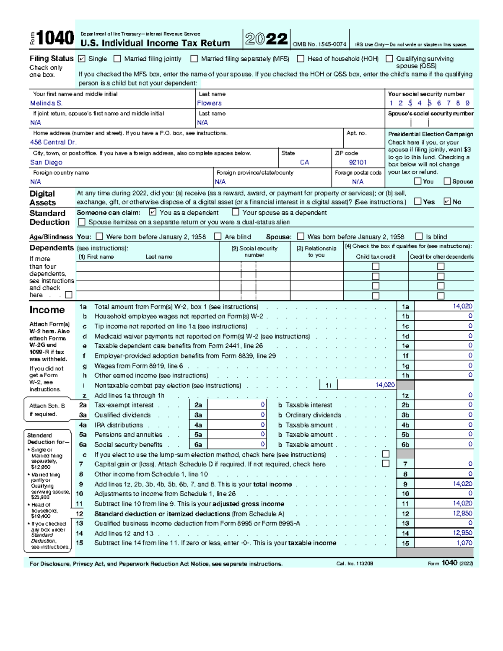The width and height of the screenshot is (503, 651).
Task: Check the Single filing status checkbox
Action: [x=82, y=59]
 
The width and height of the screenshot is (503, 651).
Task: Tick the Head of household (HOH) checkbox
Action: [x=301, y=59]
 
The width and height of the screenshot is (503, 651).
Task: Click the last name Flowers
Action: [x=209, y=103]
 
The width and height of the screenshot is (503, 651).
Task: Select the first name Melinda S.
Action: [x=46, y=103]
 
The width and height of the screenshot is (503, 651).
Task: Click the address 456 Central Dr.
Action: [x=53, y=142]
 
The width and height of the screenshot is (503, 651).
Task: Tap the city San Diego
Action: [x=46, y=162]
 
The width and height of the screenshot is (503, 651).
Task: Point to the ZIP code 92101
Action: [x=358, y=162]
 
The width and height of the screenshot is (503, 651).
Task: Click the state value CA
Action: [x=304, y=162]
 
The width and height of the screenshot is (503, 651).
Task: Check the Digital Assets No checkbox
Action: [x=447, y=201]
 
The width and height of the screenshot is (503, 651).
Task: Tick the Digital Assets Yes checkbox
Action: [x=417, y=201]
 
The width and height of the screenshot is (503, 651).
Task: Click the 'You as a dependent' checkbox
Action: [x=153, y=213]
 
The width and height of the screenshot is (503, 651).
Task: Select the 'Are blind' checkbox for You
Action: [x=218, y=236]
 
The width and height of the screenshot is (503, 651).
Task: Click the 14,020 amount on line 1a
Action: [x=462, y=306]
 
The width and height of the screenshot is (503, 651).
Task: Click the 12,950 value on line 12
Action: [x=462, y=514]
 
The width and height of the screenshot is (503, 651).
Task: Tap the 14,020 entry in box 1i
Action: [x=385, y=385]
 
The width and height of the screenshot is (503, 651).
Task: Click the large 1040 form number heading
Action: [x=55, y=39]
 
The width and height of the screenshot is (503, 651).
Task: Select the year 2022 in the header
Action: [x=266, y=39]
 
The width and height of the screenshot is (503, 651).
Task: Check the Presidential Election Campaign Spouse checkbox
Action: [x=447, y=181]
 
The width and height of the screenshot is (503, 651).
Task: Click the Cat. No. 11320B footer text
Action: [x=355, y=564]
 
